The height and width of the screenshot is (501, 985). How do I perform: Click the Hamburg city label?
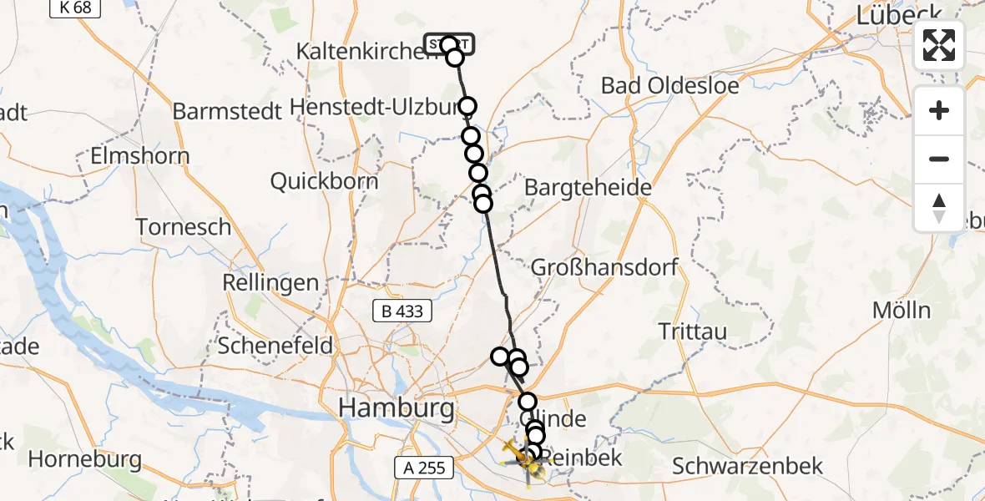(x=397, y=409)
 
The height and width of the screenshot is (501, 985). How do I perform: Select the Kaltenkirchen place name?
(x=359, y=52)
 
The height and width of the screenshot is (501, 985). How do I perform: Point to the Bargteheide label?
(x=588, y=188)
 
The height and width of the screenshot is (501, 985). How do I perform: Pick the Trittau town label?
(x=692, y=331)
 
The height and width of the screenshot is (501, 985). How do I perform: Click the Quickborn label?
(x=324, y=182)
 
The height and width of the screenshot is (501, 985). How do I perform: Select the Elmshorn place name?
(x=140, y=156)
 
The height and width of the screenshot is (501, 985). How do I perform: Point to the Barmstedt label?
(x=227, y=112)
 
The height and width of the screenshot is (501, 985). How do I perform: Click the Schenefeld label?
(x=275, y=345)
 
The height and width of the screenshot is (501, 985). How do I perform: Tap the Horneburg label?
(x=84, y=459)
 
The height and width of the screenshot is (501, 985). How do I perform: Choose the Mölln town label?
(x=901, y=310)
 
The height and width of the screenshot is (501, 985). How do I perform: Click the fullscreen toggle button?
(x=939, y=45)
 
